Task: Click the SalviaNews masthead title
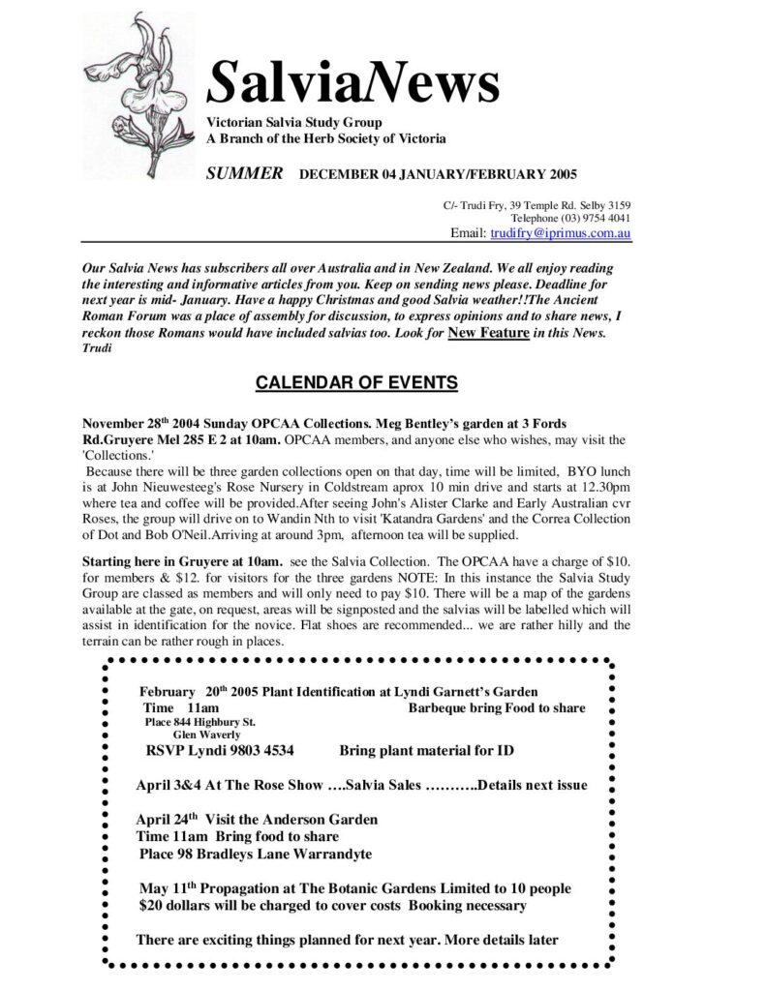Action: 353,82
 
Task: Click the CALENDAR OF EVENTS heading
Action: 356,383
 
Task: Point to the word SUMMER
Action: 244,174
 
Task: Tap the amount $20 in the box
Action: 152,906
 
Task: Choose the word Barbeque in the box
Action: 442,707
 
